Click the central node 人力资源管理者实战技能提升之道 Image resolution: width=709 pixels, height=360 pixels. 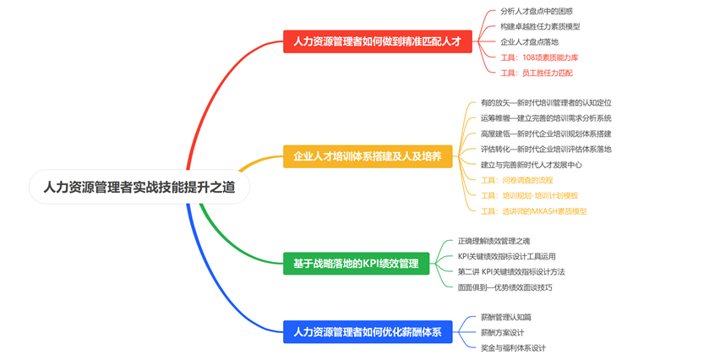pyautogui.click(x=139, y=187)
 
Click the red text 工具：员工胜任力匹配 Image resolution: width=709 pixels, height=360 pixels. pyautogui.click(x=538, y=73)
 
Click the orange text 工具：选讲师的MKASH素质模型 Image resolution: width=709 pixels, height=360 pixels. pyautogui.click(x=533, y=210)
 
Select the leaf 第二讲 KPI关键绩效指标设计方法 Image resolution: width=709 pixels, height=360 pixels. pyautogui.click(x=511, y=271)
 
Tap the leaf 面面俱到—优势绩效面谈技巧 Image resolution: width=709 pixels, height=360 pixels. pyautogui.click(x=504, y=287)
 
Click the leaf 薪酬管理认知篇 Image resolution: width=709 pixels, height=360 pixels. pyautogui.click(x=505, y=316)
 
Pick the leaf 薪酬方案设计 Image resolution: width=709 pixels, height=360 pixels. pyautogui.click(x=502, y=332)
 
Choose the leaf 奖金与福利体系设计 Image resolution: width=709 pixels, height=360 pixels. pyautogui.click(x=513, y=347)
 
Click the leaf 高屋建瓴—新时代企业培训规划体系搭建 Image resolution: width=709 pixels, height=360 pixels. pyautogui.click(x=546, y=134)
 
